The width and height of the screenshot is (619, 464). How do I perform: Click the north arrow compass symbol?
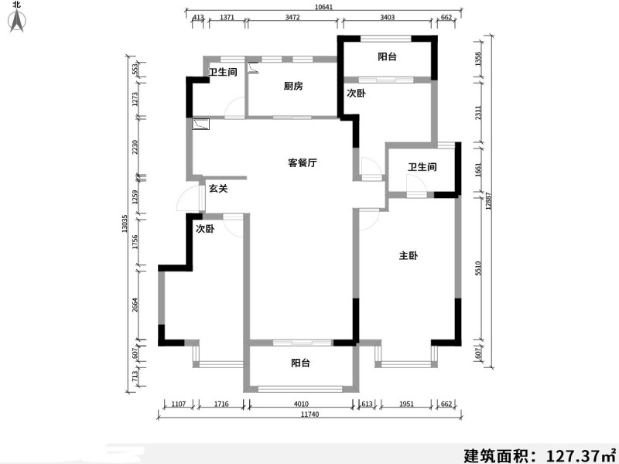coord(17,21)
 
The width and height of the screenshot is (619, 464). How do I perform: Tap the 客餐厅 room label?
coord(302,162)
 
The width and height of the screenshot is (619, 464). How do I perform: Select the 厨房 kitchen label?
coord(293,86)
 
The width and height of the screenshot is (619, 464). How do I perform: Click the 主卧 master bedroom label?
coord(409,256)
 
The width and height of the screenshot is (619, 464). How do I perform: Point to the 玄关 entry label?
coord(218,189)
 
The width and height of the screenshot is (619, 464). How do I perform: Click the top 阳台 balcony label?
coord(387,56)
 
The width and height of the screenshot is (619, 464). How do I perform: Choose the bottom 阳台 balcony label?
coord(300,363)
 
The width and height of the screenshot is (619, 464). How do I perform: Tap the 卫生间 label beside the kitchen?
coord(223,72)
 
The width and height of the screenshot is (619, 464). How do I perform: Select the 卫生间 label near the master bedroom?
coord(422,167)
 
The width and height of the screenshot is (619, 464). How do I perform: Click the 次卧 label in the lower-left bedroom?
coord(205,229)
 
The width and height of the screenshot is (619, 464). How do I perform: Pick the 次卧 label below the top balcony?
coord(356,93)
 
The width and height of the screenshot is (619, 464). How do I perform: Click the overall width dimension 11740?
coord(309,415)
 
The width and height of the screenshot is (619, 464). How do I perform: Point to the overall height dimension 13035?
coord(125,223)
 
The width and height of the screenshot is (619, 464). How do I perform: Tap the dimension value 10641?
coord(323,7)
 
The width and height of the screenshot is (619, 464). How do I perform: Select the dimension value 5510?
coord(478,268)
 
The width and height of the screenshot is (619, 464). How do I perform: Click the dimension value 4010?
coord(301,404)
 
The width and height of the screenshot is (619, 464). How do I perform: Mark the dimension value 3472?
coord(292,17)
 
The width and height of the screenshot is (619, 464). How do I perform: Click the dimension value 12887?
coord(488,200)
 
